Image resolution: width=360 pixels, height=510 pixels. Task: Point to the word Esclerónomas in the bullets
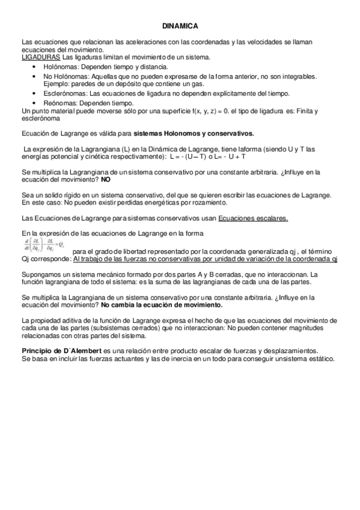[65, 93]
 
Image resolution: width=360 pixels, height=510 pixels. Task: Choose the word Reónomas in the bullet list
[59, 103]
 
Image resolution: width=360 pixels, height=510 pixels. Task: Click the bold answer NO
[106, 179]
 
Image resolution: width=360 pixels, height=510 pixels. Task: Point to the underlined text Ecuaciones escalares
[253, 218]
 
